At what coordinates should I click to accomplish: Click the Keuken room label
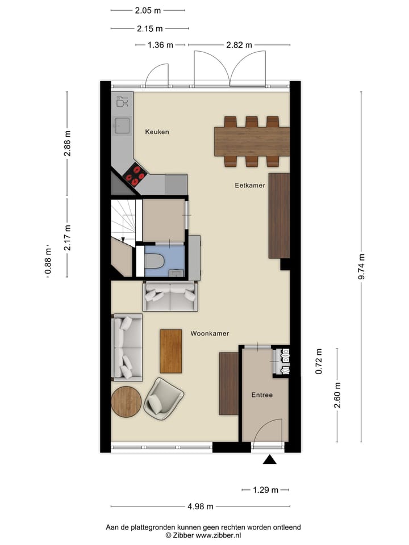coord(157,132)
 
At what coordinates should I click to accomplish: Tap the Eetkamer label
coord(250,186)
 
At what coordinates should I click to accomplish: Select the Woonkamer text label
coord(210,333)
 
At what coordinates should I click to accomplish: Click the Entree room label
coord(262,395)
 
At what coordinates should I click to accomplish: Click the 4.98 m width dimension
coord(201,506)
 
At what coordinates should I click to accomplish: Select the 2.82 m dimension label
coord(239,45)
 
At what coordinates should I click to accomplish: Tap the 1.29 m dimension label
coord(266,490)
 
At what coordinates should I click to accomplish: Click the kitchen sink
coord(122,125)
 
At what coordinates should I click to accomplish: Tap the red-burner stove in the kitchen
coord(135,175)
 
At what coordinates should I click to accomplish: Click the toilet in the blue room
coord(155,261)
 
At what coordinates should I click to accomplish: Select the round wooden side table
coord(126,402)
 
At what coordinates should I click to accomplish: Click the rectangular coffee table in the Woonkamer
coord(170,346)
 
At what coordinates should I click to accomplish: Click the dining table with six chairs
coord(251,141)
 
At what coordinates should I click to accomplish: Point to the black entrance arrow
coord(270,459)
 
